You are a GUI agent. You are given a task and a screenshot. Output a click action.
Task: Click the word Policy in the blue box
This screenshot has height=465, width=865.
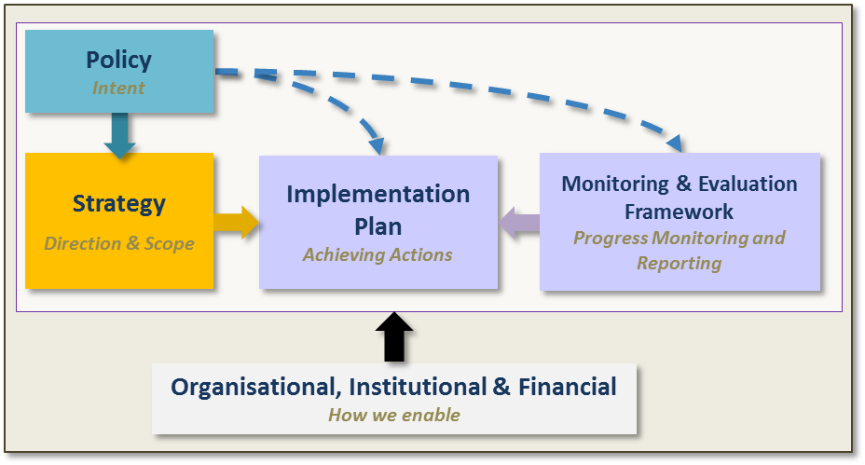118,61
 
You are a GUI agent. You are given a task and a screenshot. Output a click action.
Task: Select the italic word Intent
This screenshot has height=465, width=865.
118,88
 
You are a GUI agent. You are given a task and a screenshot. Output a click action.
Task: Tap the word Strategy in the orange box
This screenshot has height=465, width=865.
119,204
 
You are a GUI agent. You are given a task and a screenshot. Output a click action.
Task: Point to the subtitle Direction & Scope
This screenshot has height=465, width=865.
119,243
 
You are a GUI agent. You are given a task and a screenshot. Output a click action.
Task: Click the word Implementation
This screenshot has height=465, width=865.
378,195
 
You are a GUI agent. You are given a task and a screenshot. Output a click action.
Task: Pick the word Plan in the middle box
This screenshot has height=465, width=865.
378,226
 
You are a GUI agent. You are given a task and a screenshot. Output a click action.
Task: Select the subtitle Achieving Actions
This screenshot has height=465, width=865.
378,254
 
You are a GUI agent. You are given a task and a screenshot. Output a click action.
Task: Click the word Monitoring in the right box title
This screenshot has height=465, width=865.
615,185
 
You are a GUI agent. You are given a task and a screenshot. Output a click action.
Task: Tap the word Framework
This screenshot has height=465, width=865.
680,212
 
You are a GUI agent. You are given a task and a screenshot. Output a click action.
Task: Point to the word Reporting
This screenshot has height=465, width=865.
680,263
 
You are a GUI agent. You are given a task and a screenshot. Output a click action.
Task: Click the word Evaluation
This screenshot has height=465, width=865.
748,184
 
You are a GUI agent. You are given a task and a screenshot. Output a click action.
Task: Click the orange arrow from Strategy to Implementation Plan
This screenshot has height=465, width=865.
236,223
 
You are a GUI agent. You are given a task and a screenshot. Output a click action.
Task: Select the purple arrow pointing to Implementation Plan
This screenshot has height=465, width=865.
519,223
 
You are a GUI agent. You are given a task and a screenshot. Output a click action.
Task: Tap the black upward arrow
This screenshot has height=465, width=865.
394,337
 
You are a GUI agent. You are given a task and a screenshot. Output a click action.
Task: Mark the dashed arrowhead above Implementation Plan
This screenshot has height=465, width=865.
378,146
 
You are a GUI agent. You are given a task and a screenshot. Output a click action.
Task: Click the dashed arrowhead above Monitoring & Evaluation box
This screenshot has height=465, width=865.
676,144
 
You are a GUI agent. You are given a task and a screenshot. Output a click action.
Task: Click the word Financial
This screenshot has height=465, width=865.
567,387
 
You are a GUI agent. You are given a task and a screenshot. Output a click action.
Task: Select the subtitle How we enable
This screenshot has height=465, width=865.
394,415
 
